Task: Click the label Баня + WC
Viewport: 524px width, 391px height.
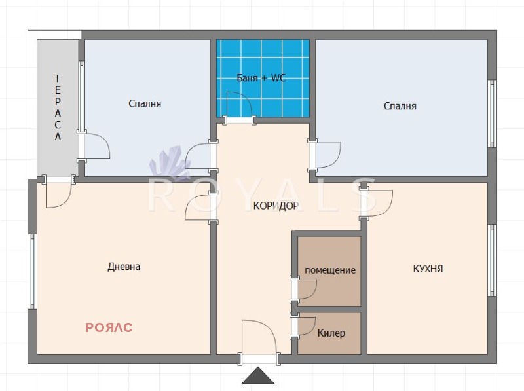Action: (261, 78)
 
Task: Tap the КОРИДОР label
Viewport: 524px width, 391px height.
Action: (276, 206)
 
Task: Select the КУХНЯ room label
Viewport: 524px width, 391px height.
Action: (428, 269)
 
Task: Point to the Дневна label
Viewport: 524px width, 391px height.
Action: (124, 267)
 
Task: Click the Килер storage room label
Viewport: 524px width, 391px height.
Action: (331, 333)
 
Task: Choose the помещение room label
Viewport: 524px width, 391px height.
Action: (330, 270)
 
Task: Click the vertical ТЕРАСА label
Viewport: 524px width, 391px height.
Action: (58, 107)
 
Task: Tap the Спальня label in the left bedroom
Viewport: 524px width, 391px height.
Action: (145, 103)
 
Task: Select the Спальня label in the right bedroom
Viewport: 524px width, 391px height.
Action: (400, 106)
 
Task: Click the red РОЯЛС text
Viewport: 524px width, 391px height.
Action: (109, 327)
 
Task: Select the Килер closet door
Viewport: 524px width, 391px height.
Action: (305, 325)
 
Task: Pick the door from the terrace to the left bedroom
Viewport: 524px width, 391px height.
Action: (96, 146)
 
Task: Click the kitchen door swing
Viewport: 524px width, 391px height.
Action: (377, 202)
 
